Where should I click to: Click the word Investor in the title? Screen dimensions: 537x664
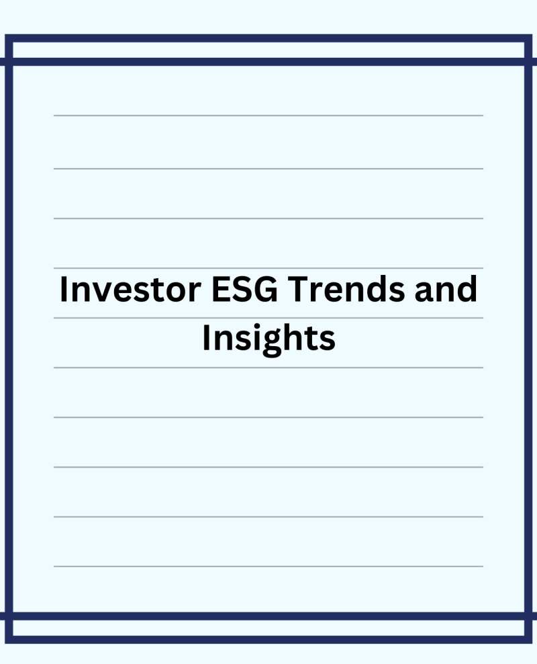tap(130, 289)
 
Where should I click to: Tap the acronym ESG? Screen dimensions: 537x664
tap(245, 289)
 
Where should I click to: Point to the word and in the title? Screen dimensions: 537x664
tap(446, 289)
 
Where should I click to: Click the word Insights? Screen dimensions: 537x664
tap(269, 338)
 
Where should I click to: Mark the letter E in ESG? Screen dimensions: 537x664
tap(220, 289)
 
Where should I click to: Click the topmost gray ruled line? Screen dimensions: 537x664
tap(268, 115)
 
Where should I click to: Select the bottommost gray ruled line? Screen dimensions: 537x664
tap(268, 566)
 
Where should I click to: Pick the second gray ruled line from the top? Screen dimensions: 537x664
tap(268, 169)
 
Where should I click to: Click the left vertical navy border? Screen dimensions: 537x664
tap(9, 339)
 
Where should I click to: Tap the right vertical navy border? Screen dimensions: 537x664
tap(528, 339)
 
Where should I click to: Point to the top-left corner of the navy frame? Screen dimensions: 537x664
tap(5, 35)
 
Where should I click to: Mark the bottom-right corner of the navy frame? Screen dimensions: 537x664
tap(532, 643)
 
